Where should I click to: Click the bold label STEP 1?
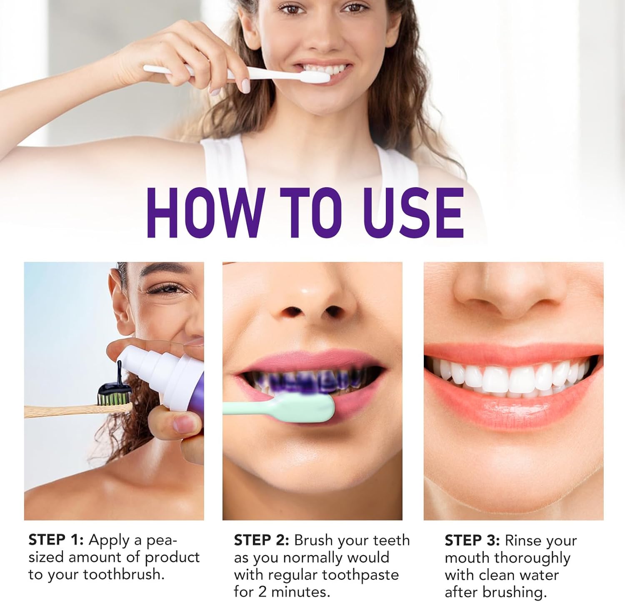[x=56, y=540]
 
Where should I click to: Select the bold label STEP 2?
[x=261, y=540]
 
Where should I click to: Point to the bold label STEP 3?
[x=472, y=540]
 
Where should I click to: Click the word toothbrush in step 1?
[x=124, y=574]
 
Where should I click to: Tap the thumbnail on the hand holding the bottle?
[x=182, y=424]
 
